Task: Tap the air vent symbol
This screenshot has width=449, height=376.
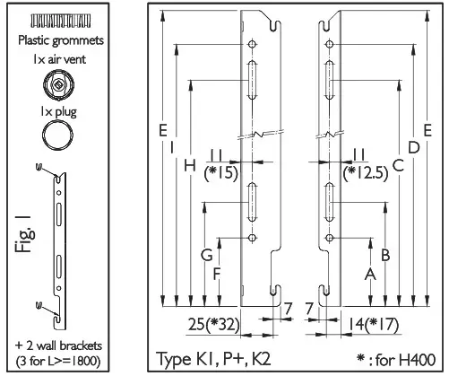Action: [59, 87]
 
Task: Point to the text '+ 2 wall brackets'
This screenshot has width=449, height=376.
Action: [59, 345]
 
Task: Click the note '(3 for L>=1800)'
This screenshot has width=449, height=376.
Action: [59, 361]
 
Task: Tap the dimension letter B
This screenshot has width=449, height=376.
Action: [384, 254]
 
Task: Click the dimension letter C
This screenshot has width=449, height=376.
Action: [398, 165]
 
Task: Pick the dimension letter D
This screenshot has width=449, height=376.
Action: [412, 146]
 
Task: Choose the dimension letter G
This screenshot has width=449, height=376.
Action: [206, 255]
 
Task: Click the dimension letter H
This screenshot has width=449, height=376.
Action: [190, 165]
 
